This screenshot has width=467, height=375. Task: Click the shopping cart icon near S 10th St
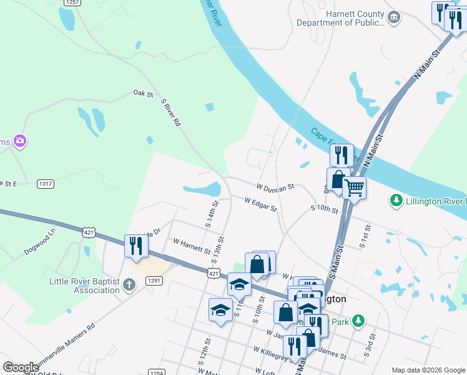point(354,187)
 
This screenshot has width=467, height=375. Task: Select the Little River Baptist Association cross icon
point(129,286)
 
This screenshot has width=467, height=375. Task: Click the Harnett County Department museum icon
point(393,17)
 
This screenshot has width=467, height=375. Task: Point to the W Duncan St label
point(275,187)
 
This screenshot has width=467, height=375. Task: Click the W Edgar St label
point(260,204)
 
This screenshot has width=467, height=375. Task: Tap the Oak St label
point(143,94)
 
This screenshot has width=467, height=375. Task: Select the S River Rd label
point(170,112)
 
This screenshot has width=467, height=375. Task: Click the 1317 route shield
point(46,184)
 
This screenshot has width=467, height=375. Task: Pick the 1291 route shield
point(155,281)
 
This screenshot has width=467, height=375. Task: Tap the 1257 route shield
point(72,2)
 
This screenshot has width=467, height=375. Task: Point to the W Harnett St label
point(192,245)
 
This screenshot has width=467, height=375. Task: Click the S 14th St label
point(212,213)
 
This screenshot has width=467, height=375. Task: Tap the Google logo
point(21,367)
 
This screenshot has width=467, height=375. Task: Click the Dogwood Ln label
point(44,239)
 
